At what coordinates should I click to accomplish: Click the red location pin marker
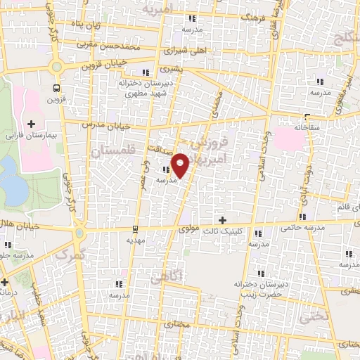(180, 165)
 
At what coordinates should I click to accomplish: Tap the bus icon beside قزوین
(56, 89)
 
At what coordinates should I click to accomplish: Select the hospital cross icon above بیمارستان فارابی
(31, 124)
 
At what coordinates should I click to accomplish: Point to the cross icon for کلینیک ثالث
(223, 221)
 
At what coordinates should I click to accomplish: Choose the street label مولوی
(191, 229)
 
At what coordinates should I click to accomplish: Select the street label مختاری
(181, 326)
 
